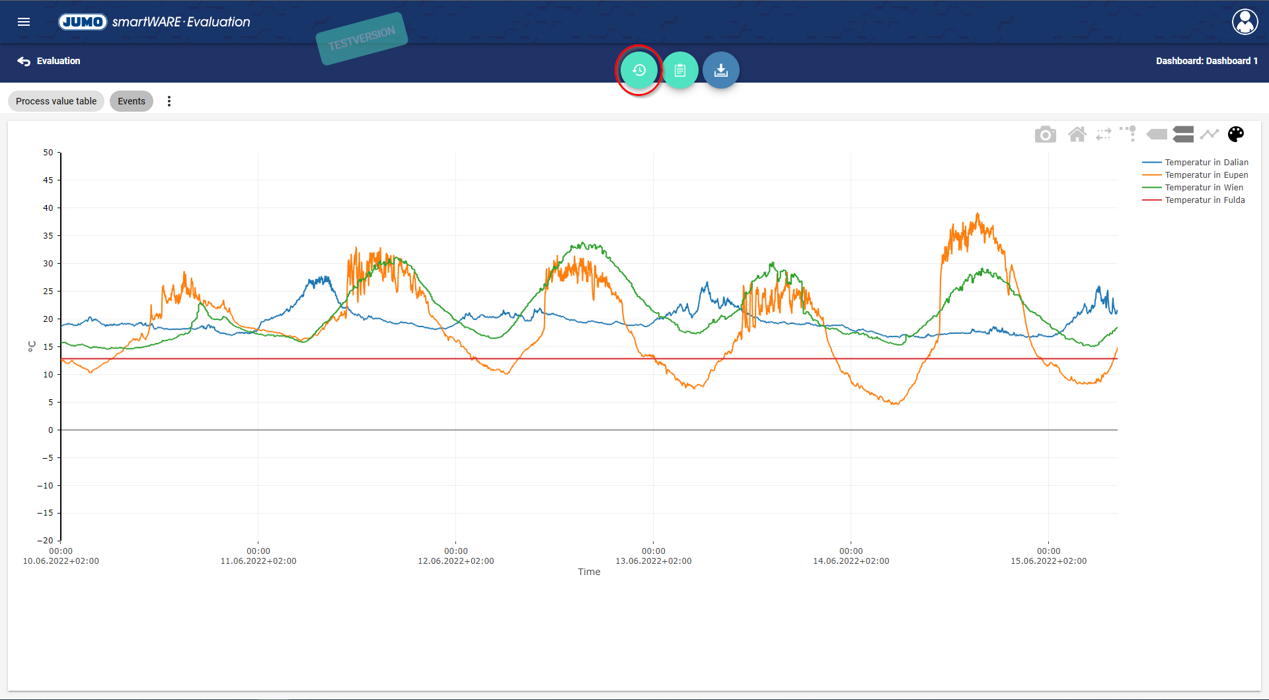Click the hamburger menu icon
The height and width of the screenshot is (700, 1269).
tap(24, 22)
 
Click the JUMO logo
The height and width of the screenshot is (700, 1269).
tap(83, 22)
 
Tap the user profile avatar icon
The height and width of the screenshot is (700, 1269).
tap(1245, 22)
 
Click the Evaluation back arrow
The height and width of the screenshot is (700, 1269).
tap(24, 61)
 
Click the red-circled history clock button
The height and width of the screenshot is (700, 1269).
tap(638, 70)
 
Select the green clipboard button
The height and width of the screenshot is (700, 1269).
tap(680, 70)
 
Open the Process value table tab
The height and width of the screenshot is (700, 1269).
tap(56, 101)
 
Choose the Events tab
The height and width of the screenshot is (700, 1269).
tap(132, 101)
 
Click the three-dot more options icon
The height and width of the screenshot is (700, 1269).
tap(169, 101)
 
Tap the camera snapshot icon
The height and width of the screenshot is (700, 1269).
tap(1045, 135)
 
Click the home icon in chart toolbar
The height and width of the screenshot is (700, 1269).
tap(1077, 135)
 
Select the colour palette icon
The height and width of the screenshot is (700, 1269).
tap(1236, 134)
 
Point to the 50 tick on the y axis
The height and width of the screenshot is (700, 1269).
tap(48, 153)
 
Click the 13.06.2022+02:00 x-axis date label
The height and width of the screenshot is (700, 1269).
tap(654, 561)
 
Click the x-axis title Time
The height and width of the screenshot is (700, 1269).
tap(589, 572)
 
